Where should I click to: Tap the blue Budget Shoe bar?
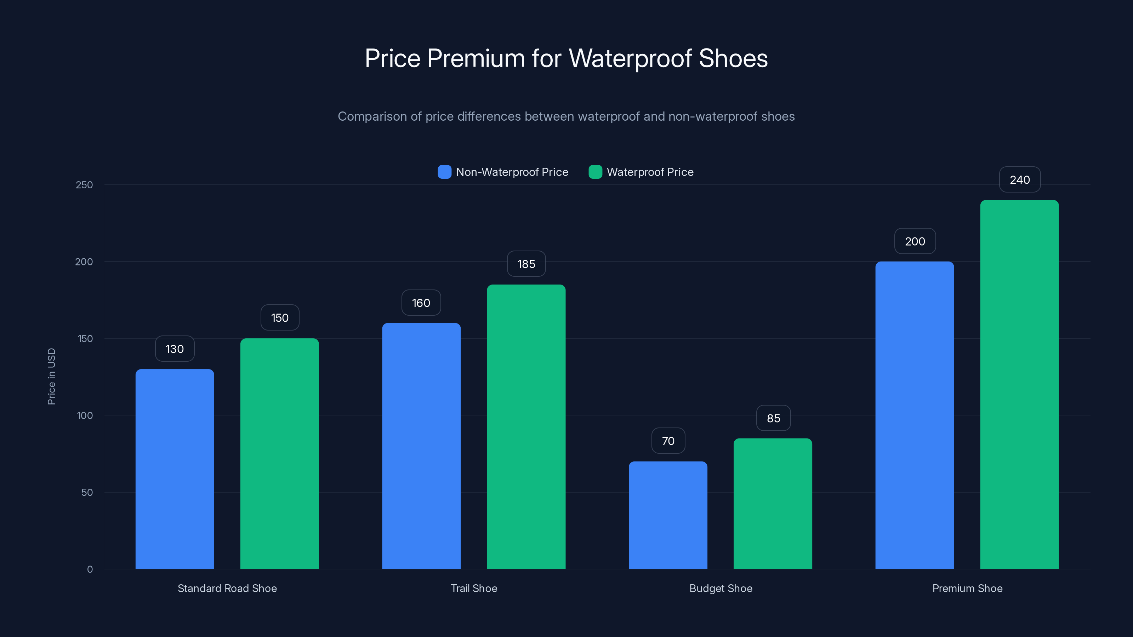[668, 515]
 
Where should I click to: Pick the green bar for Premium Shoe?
[1019, 384]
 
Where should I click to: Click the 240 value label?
[1020, 180]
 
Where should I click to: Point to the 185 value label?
[526, 264]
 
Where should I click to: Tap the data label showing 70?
[668, 441]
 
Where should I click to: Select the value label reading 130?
[175, 349]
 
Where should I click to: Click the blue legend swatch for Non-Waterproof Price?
[444, 172]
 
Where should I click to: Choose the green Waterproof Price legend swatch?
[595, 172]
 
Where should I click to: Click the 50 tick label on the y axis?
[87, 492]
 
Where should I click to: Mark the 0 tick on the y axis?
[90, 569]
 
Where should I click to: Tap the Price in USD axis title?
[51, 376]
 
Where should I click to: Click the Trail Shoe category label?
[474, 588]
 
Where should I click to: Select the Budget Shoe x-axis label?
[721, 588]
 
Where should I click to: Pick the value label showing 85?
[773, 418]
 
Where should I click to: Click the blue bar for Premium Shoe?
[915, 415]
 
